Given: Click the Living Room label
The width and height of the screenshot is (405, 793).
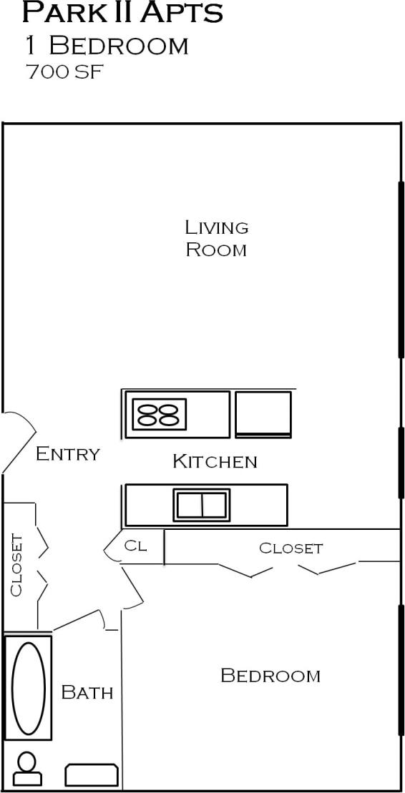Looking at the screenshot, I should click(216, 238).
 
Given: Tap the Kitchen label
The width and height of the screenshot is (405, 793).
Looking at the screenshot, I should click(214, 461).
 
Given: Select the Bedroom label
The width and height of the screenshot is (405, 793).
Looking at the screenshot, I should click(270, 675).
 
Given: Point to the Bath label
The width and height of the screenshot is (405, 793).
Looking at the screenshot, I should click(87, 692).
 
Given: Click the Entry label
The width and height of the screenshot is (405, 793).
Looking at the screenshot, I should click(67, 453).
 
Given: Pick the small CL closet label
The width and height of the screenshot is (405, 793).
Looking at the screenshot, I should click(135, 546).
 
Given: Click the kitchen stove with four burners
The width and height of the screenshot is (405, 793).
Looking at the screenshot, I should click(158, 414).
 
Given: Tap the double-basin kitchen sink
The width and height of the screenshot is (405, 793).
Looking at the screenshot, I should click(202, 505).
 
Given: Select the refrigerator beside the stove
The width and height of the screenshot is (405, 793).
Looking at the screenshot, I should click(263, 413).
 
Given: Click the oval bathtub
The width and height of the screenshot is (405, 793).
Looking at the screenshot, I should click(29, 688).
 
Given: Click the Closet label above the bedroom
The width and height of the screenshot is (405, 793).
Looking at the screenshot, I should click(291, 548).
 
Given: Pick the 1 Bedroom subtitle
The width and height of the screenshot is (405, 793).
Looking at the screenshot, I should click(107, 45).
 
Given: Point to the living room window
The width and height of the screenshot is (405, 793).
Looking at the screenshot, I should click(401, 269).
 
